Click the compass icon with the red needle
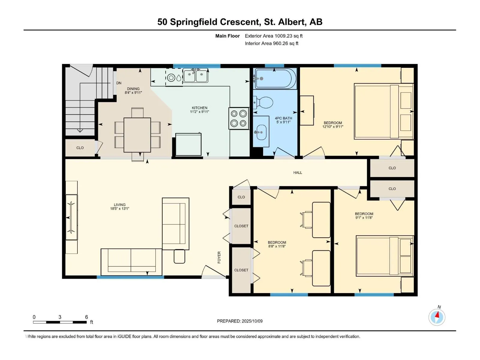(x=437, y=317)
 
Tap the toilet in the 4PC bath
(x=263, y=103)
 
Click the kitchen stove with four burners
(x=239, y=118)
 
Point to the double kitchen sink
(x=195, y=75)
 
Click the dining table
(x=137, y=135)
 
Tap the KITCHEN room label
(x=199, y=108)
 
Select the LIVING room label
(x=120, y=205)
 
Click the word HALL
(x=298, y=172)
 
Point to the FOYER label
(x=219, y=257)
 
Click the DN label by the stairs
(x=119, y=83)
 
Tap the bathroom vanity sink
(x=261, y=132)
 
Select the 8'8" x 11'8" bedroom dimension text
(x=277, y=246)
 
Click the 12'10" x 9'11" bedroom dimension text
(x=333, y=127)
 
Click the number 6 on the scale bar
(x=87, y=317)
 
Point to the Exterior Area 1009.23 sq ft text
(x=274, y=36)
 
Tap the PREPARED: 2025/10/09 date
(x=240, y=321)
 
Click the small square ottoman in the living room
(x=179, y=256)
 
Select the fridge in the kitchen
(x=188, y=145)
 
